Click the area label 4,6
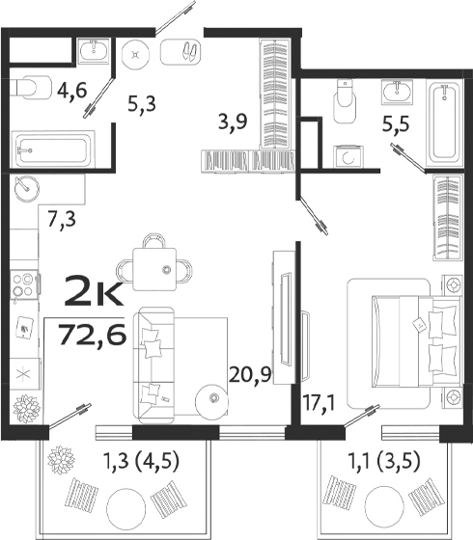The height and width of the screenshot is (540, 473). [x=70, y=93]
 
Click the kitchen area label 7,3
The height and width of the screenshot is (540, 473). [x=61, y=218]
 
